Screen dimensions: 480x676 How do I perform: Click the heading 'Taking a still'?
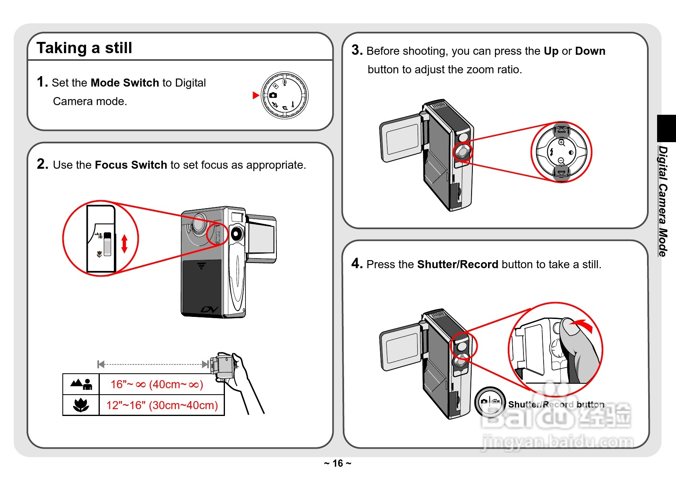[x=84, y=48]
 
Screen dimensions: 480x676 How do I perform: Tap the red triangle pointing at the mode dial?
[x=255, y=95]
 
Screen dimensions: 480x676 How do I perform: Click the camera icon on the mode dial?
[x=273, y=95]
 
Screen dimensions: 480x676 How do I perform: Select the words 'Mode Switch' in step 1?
[x=125, y=83]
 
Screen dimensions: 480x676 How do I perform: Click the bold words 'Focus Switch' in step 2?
[x=131, y=165]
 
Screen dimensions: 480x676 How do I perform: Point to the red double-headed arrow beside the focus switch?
[x=124, y=244]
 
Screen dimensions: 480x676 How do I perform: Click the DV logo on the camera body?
[x=209, y=310]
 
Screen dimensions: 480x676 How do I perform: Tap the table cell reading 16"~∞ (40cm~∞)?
[x=157, y=385]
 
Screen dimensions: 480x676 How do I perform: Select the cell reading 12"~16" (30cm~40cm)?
[x=162, y=405]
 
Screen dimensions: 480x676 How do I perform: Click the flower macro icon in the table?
[x=81, y=405]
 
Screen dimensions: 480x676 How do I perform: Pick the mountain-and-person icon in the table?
[x=82, y=384]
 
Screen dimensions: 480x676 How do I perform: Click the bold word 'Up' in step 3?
[x=551, y=51]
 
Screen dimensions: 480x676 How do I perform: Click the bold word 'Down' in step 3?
[x=590, y=51]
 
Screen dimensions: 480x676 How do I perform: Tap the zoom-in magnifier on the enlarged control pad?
[x=562, y=143]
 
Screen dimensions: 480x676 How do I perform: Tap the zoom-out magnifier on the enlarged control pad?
[x=561, y=161]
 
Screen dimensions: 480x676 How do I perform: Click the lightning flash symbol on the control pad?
[x=552, y=152]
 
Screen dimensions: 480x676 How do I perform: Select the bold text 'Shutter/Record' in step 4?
[x=458, y=265]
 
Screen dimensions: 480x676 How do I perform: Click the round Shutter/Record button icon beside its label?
[x=490, y=402]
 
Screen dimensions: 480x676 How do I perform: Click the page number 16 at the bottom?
[x=338, y=463]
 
